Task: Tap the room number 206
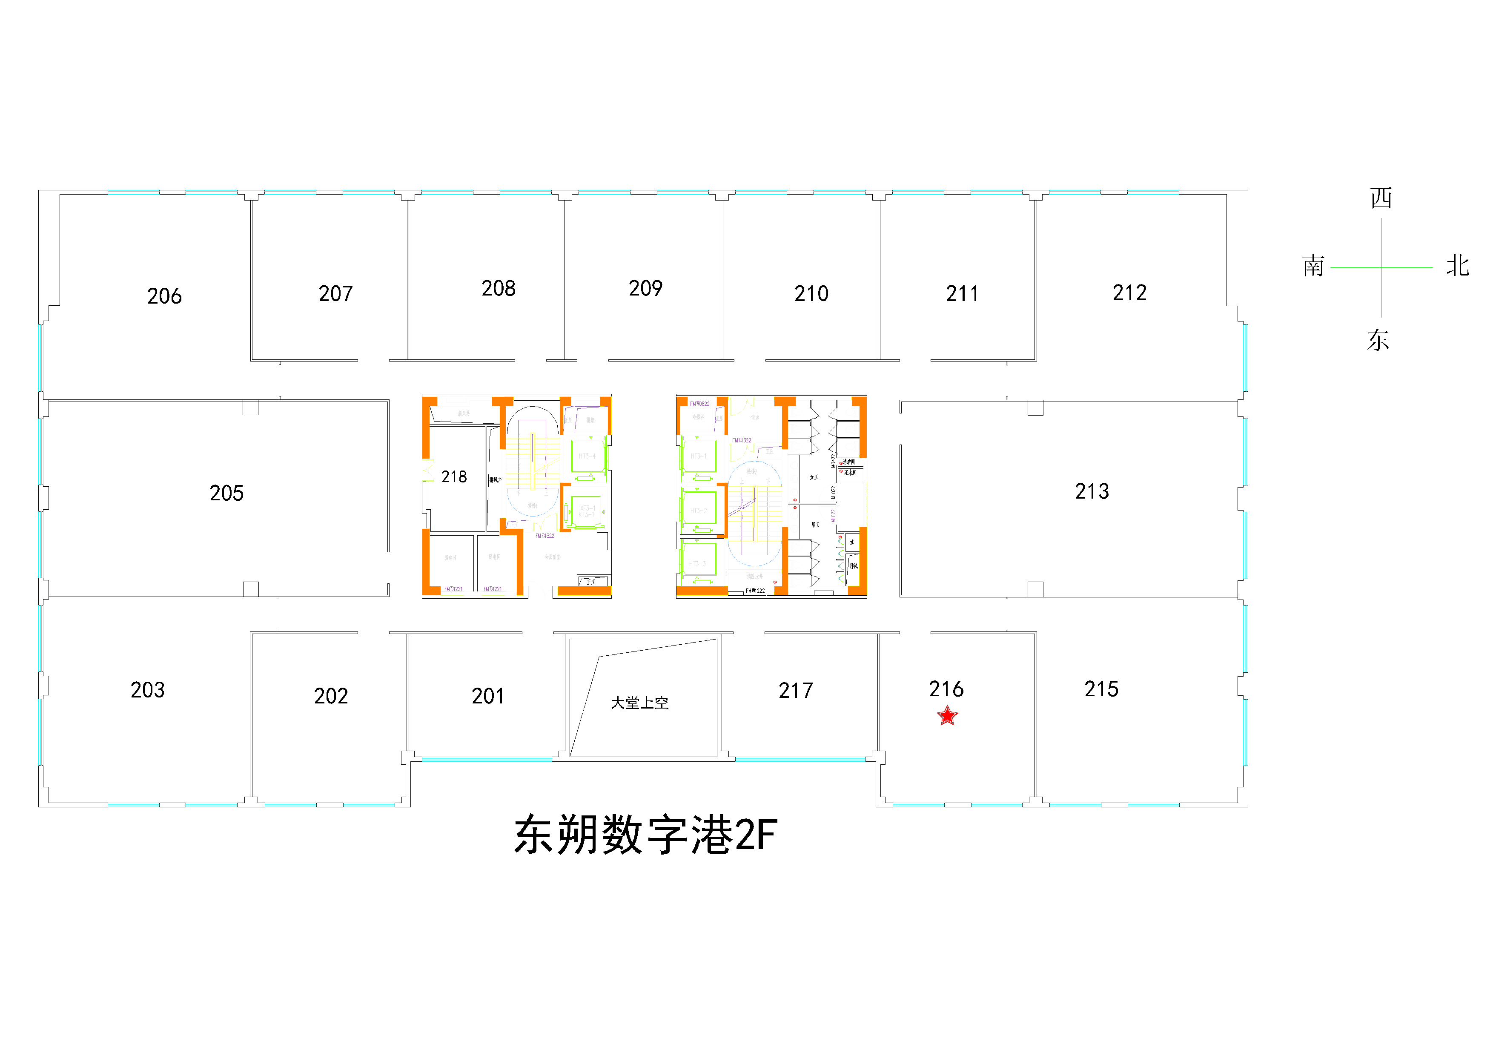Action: (x=164, y=296)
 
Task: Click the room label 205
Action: (x=226, y=494)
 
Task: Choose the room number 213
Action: (x=1092, y=491)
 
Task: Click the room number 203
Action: (x=148, y=690)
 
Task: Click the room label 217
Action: (x=796, y=691)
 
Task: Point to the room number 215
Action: (x=1101, y=689)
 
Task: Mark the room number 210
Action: (x=811, y=294)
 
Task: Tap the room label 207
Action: (x=335, y=294)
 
